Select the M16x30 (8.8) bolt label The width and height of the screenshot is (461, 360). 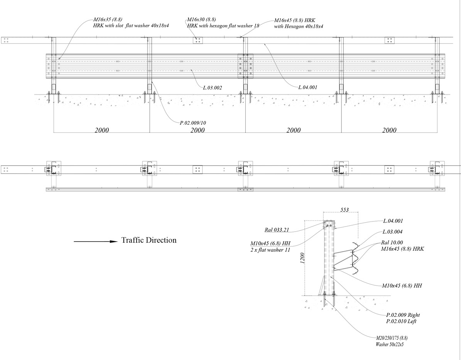point(201,19)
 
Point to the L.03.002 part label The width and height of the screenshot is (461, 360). point(212,88)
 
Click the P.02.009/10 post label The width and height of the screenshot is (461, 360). point(193,123)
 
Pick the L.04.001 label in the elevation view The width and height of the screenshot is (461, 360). point(308,87)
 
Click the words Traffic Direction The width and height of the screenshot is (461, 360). point(149,240)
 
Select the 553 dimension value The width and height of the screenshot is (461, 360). point(344,210)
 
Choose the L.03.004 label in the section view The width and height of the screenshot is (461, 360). point(393,232)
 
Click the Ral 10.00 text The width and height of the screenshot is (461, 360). point(392,243)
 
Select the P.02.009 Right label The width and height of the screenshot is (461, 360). point(403,315)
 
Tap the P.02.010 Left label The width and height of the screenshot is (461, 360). point(401,321)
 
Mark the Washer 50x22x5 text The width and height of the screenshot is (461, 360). point(389,344)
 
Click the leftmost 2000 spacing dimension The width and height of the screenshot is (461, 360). point(102,130)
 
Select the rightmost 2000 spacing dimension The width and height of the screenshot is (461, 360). point(389,130)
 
